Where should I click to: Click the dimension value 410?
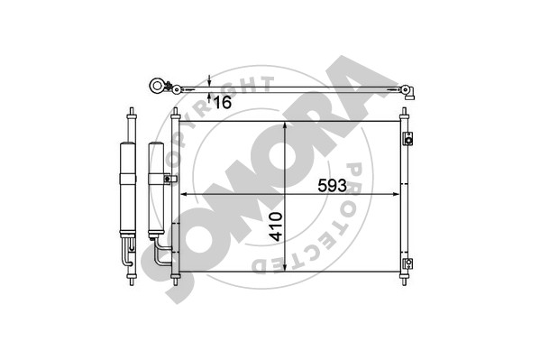pos(276,226)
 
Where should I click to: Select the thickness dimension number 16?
pos(222,103)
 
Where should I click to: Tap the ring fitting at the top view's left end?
pos(157,86)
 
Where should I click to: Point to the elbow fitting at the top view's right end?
pos(408,92)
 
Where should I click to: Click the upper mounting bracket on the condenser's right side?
pos(408,139)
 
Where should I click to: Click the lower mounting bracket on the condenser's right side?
pos(408,264)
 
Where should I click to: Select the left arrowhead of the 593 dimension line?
pos(184,195)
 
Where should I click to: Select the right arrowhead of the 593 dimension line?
pos(395,195)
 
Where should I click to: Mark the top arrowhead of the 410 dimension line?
pos(285,126)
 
